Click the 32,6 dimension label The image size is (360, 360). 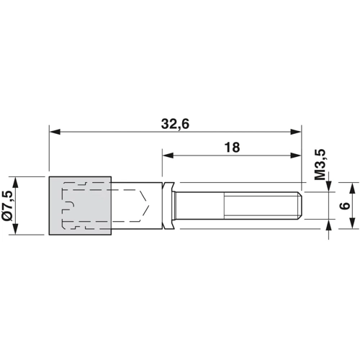(x=175, y=125)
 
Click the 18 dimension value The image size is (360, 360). (x=232, y=148)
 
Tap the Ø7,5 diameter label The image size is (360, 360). (x=7, y=206)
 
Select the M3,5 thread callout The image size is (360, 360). (x=320, y=164)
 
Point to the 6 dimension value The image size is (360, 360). (x=345, y=206)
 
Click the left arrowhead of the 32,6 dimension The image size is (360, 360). (x=55, y=132)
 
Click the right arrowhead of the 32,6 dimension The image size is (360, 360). (x=295, y=132)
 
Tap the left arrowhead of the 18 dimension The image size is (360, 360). (x=168, y=156)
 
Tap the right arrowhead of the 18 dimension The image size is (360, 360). (x=295, y=156)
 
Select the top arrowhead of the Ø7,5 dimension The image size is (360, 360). (x=15, y=182)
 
